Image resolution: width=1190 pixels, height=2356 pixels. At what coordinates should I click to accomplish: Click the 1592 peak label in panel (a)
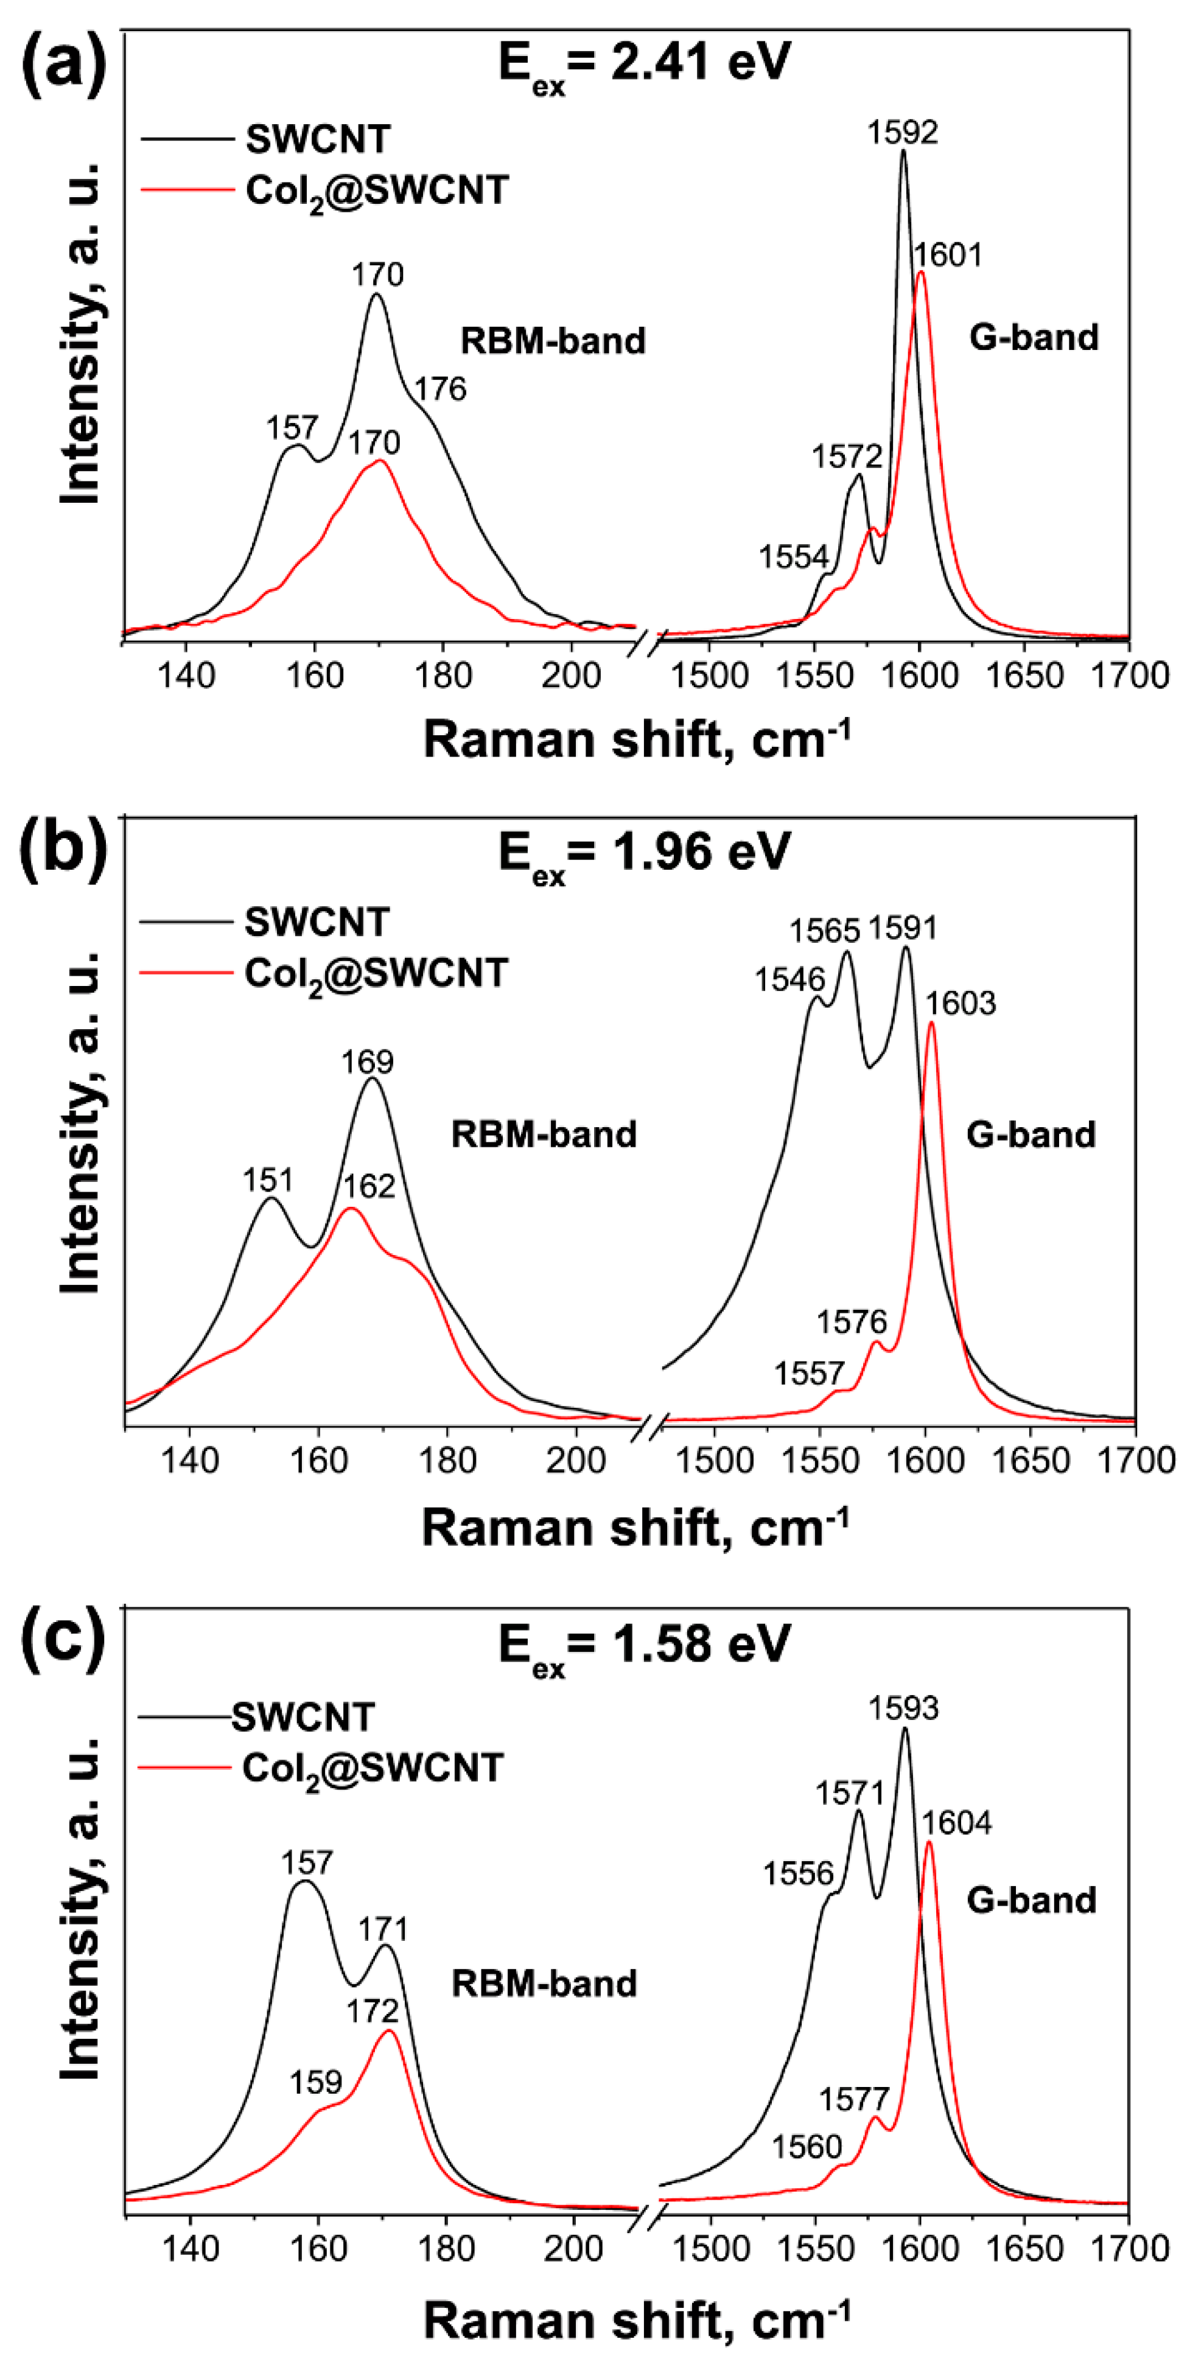point(902,133)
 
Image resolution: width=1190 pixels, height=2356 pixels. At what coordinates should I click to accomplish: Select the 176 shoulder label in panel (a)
point(440,390)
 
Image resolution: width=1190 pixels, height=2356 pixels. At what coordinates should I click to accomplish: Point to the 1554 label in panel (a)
point(793,557)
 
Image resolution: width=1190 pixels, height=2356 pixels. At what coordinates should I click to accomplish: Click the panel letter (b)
point(62,851)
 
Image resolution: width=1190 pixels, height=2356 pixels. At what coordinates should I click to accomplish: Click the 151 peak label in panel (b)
point(267,1181)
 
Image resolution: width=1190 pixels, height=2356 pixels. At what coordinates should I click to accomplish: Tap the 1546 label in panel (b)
point(789,981)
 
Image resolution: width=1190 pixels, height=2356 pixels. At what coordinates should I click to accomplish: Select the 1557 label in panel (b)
point(808,1374)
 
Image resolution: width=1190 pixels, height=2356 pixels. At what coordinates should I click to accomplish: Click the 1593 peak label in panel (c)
point(904,1708)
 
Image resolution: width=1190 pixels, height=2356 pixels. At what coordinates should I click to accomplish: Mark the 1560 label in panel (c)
point(806,2147)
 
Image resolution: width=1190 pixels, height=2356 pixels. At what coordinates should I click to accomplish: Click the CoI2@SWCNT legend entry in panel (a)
point(376,191)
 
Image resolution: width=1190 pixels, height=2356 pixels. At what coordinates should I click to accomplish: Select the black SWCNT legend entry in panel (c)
point(302,1718)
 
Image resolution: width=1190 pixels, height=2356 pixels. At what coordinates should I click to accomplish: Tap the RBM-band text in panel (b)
point(544,1135)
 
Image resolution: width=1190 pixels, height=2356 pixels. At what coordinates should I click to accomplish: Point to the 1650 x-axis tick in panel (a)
point(1026,676)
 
